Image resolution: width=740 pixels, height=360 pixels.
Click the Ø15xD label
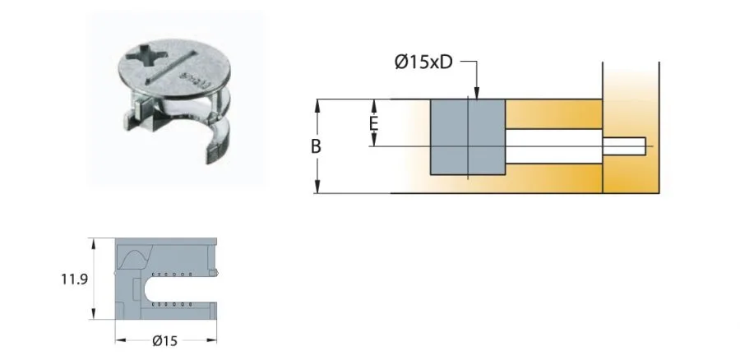(423, 63)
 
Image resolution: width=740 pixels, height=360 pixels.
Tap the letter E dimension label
(372, 123)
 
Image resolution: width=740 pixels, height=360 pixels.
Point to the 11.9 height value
(74, 279)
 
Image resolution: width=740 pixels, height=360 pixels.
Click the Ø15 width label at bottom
(165, 339)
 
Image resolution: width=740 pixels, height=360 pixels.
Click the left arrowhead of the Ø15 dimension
(118, 339)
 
